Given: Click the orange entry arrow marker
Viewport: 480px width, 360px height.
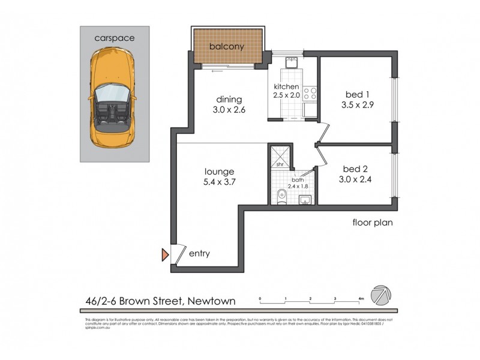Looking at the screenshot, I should coord(165,254).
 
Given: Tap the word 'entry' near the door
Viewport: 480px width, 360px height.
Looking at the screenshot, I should coord(199,254).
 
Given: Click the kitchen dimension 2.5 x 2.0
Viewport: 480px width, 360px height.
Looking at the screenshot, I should coord(286,95).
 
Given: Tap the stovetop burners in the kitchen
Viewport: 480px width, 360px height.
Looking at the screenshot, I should coord(310,94).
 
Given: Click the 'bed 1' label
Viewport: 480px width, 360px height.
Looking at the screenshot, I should coord(358,94).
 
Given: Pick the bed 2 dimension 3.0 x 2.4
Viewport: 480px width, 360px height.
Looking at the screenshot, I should coord(358,178).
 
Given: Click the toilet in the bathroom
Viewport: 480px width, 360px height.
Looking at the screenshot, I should coord(281,194).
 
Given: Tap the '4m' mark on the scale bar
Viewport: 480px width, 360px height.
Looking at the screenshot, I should coord(361,298).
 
